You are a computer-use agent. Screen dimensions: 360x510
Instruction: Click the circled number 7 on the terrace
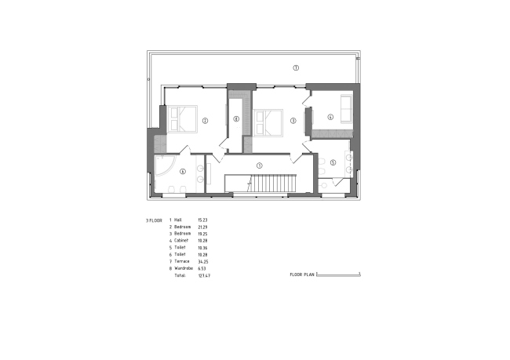tap(296, 68)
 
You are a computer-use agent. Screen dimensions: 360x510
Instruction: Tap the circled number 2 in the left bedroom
tap(205, 121)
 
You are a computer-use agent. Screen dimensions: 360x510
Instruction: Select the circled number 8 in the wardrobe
tap(236, 119)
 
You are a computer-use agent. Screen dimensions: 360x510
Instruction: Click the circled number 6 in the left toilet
tap(183, 170)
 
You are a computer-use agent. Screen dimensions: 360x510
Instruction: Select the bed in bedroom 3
tap(268, 122)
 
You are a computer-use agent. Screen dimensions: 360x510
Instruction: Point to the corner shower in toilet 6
tap(164, 166)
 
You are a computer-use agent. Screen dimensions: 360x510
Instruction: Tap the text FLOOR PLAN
tap(301, 275)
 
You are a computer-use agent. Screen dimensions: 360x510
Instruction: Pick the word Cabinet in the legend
tap(181, 241)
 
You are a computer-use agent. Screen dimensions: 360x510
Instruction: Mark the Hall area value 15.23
tap(202, 220)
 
